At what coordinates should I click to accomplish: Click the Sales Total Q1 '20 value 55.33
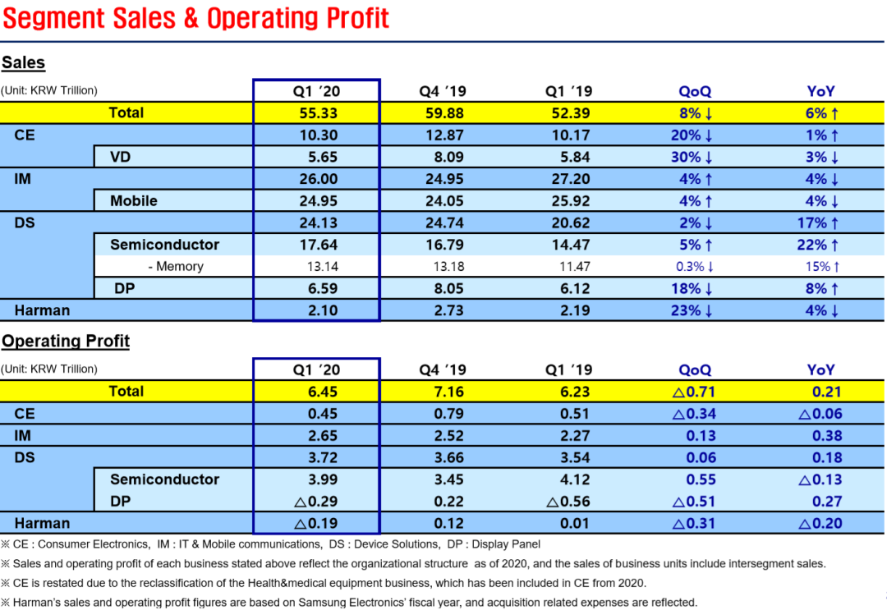[x=318, y=113]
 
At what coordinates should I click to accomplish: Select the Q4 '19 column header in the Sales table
[x=443, y=91]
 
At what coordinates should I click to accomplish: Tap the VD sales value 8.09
[x=448, y=157]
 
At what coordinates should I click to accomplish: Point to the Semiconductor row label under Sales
[x=164, y=245]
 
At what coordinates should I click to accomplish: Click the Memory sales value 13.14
[x=323, y=266]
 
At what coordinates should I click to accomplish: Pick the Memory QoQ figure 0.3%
[x=690, y=266]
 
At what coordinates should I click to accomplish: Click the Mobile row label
[x=134, y=200]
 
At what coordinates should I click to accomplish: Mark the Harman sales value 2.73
[x=448, y=310]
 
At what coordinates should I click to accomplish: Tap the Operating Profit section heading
[x=66, y=341]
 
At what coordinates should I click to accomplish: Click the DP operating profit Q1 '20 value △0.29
[x=315, y=502]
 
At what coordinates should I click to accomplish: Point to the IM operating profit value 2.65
[x=323, y=436]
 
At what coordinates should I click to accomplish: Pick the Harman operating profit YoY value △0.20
[x=820, y=524]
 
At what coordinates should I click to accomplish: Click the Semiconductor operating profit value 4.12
[x=575, y=479]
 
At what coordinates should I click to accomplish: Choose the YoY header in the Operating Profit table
[x=820, y=369]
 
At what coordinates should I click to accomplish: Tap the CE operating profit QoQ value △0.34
[x=694, y=414]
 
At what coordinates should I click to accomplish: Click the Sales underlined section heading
[x=23, y=62]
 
